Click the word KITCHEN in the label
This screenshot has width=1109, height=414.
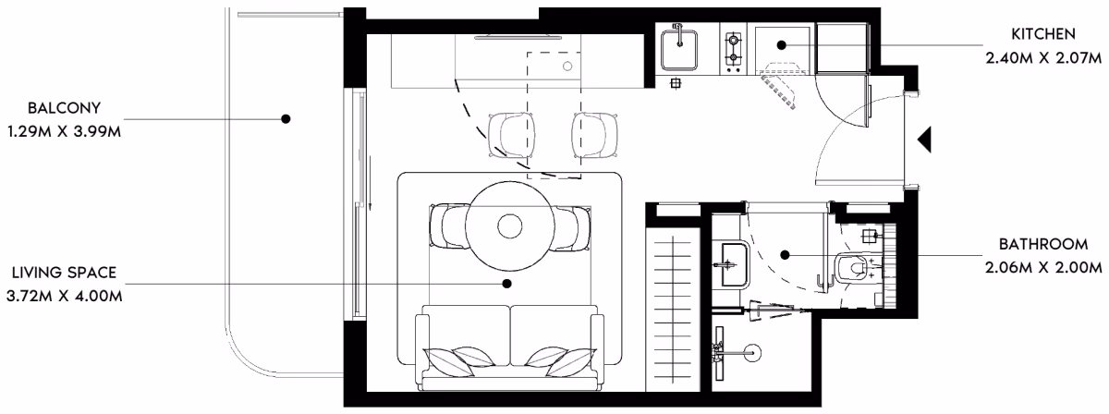(x=1043, y=34)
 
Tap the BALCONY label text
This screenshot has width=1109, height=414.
(x=65, y=108)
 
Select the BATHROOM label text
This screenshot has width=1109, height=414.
(x=1043, y=244)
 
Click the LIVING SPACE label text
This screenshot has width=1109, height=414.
(x=65, y=273)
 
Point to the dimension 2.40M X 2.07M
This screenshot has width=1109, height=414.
(x=1043, y=58)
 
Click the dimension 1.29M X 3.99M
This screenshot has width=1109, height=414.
(x=65, y=132)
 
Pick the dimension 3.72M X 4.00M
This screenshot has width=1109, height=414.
(x=65, y=296)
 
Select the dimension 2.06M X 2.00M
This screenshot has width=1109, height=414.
(x=1043, y=268)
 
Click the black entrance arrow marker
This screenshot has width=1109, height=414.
(x=924, y=140)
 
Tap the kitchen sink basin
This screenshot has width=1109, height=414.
(x=679, y=50)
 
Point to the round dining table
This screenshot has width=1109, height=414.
(x=509, y=226)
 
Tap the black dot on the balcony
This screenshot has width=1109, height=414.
(x=286, y=119)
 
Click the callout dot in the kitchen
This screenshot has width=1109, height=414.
(x=782, y=45)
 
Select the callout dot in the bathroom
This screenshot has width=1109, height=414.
(x=785, y=255)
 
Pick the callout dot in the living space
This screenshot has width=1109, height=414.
(x=506, y=284)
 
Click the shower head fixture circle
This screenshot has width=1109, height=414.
(x=753, y=353)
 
